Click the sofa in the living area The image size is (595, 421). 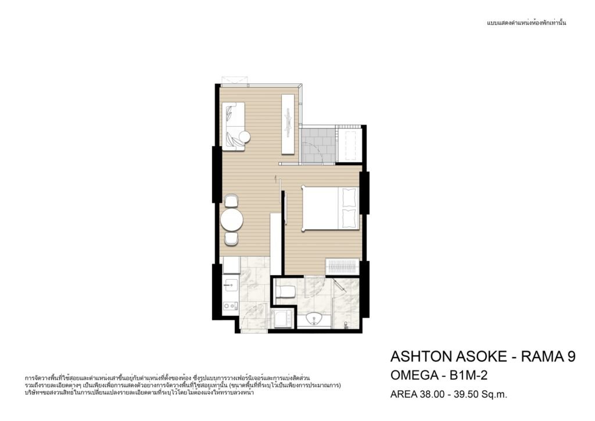point(233,127)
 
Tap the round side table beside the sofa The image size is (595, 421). point(244,136)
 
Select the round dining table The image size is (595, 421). point(232,220)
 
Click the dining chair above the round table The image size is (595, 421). point(231,200)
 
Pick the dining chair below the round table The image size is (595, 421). point(231,239)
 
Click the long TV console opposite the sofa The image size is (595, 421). point(288,124)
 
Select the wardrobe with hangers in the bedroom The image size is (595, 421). point(343,266)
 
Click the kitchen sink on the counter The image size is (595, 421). point(231,285)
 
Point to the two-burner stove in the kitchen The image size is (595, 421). point(230,306)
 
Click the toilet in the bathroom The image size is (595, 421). point(285,291)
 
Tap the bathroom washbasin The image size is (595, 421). point(314,319)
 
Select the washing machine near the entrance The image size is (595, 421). point(282,318)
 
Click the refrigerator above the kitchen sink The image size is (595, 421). point(231,265)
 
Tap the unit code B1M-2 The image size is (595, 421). point(468,376)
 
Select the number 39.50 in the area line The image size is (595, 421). point(465,394)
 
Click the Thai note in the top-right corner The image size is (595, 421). point(526,23)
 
